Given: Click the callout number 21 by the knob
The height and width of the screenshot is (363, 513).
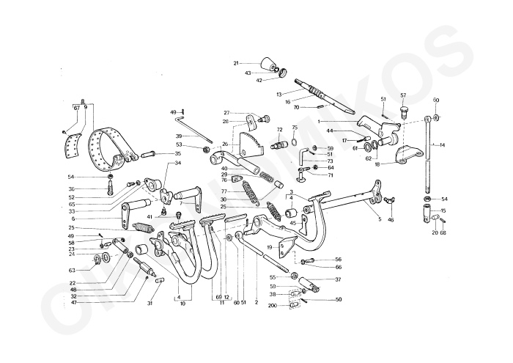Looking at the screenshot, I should [x=237, y=64].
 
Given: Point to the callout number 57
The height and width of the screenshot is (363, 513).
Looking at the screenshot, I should [x=403, y=95].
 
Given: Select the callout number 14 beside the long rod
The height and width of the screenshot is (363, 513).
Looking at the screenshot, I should [x=442, y=145].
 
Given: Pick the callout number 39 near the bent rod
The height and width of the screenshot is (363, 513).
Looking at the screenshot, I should [x=178, y=136].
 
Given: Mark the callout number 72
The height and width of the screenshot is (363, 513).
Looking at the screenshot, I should [x=279, y=130].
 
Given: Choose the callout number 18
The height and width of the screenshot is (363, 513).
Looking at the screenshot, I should [x=377, y=165].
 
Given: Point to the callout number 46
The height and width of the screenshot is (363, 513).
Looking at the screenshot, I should [x=391, y=219].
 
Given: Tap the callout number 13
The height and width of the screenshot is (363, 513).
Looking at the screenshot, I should [x=279, y=95].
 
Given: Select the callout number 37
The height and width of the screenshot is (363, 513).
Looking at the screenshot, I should [x=338, y=279].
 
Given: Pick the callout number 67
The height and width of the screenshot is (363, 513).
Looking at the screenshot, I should [x=76, y=108].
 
